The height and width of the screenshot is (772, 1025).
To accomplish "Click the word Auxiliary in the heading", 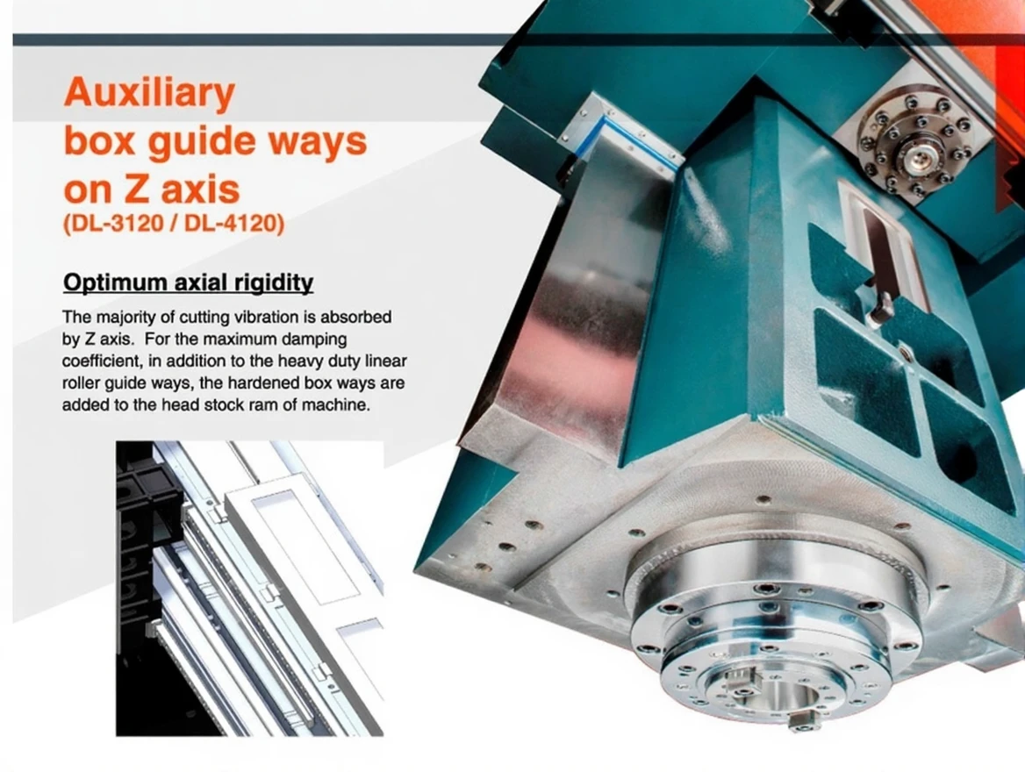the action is [x=149, y=94].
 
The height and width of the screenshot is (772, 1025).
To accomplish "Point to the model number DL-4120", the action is [x=232, y=224].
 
